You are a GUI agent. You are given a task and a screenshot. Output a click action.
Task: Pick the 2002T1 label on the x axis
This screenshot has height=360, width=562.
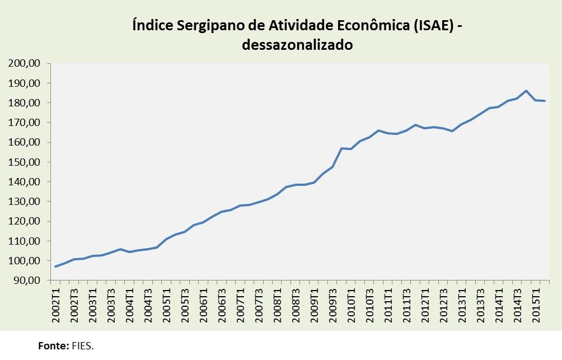coord(56,305)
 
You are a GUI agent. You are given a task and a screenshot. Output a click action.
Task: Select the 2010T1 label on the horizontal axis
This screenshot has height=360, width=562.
coord(351,305)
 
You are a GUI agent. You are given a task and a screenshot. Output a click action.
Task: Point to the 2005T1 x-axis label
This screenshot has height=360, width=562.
coord(167,305)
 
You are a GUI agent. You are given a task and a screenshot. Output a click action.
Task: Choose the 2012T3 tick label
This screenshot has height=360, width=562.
coord(443,305)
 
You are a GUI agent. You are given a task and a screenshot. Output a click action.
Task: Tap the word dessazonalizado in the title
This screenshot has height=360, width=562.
coord(297,45)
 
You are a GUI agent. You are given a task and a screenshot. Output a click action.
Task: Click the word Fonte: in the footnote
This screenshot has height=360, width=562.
coord(54,346)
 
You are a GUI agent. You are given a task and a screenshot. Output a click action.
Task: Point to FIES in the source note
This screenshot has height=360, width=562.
coord(82,346)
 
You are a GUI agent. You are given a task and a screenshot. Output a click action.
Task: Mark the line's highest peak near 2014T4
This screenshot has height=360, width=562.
coord(526,91)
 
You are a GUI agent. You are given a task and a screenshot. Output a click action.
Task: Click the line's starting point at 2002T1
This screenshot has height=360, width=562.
coord(55,267)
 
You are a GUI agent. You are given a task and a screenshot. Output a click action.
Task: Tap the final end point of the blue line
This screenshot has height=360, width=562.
coord(544,101)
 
